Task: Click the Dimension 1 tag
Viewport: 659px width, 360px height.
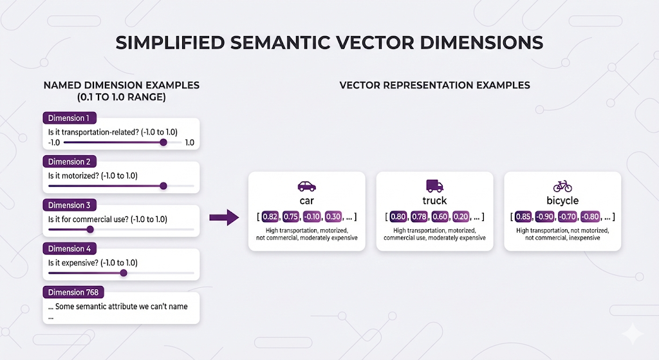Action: click(70, 118)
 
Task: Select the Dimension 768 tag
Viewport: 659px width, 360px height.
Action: click(73, 292)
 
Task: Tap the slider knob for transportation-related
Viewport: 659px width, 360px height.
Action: click(163, 142)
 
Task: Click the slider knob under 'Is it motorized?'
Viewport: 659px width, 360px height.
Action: click(163, 186)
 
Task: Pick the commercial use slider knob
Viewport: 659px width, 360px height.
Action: click(90, 230)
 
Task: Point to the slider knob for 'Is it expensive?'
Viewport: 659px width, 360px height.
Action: click(124, 273)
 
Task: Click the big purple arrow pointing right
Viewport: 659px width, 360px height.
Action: click(225, 218)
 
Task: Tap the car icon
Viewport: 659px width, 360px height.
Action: click(307, 186)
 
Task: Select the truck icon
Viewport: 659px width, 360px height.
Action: click(434, 185)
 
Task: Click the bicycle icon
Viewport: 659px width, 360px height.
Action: click(562, 186)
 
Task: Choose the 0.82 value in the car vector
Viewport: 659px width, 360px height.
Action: click(270, 217)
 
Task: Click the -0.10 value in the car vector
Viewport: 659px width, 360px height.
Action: click(312, 217)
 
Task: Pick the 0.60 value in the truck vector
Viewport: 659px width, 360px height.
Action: click(440, 217)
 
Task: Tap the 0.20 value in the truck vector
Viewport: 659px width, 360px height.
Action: click(461, 217)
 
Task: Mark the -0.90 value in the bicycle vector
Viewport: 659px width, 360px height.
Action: click(545, 217)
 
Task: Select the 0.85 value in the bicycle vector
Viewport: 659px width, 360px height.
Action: click(523, 217)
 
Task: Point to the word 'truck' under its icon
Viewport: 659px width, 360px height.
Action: click(434, 200)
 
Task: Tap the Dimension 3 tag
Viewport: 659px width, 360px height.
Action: click(70, 205)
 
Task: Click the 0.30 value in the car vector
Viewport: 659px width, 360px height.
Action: click(333, 217)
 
